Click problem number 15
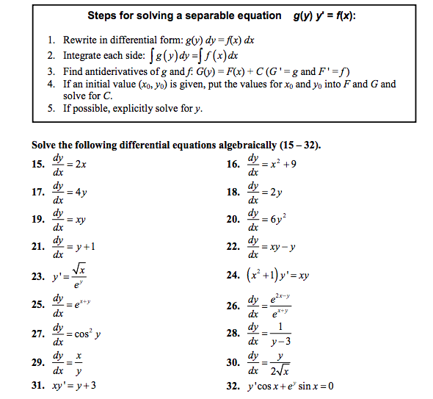tap(38, 164)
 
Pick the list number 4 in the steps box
tap(49, 85)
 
